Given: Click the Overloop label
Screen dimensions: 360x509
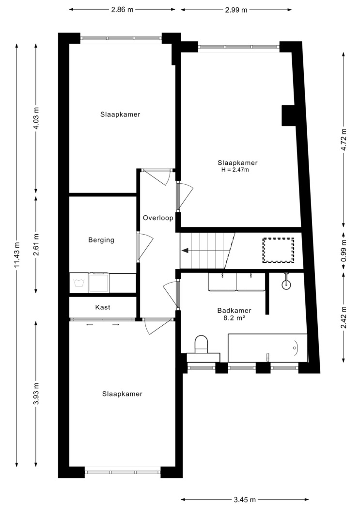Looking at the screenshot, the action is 158,218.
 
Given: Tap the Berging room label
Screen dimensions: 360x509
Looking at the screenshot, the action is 101,240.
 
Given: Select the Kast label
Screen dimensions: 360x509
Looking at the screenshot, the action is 103,307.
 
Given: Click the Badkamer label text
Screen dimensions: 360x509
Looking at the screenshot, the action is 234,311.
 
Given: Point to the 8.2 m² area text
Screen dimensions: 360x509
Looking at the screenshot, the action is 234,318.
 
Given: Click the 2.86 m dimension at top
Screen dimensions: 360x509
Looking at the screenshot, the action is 122,9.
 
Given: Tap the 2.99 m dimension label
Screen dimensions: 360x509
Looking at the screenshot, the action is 236,10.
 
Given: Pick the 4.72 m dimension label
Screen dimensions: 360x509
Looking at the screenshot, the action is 344,140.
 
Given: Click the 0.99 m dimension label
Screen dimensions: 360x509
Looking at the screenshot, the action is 344,251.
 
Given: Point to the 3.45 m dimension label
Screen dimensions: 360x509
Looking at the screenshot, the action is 245,500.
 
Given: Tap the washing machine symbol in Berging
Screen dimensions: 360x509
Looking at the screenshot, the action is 78,283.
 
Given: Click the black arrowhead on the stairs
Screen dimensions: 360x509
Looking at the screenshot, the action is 185,251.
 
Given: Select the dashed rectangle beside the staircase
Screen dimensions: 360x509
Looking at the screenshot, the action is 278,250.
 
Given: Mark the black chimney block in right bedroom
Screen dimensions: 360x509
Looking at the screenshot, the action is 288,115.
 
